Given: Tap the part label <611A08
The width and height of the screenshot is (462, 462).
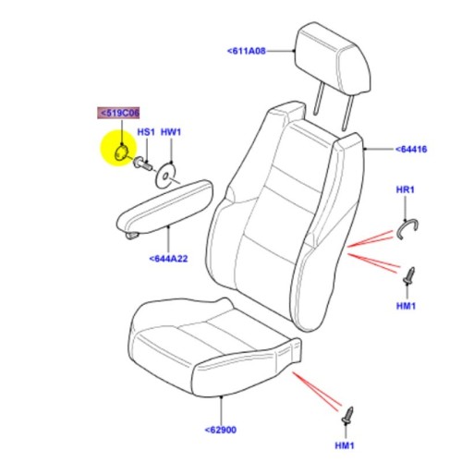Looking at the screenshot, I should (246, 52).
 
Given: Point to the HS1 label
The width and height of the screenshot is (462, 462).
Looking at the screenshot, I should (146, 133).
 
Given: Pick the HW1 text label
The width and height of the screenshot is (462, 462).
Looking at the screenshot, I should (171, 133).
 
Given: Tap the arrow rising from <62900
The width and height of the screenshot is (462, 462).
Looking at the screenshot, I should (224, 407).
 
